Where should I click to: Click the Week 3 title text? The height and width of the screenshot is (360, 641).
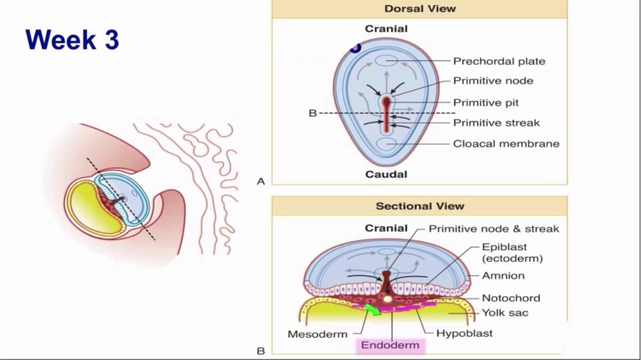(x=72, y=40)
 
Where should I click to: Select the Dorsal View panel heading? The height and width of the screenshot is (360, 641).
(x=420, y=8)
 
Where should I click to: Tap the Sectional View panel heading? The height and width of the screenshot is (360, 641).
(x=420, y=206)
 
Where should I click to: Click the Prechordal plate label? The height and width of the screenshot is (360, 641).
(x=499, y=61)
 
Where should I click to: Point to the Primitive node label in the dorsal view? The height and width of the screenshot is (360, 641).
(x=493, y=81)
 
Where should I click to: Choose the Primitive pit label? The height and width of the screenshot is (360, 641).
(x=486, y=102)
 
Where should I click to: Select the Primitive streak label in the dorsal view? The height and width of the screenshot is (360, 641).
(x=496, y=122)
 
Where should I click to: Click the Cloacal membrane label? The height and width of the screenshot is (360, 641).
(x=506, y=144)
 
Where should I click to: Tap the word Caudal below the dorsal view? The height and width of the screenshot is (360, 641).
(x=386, y=174)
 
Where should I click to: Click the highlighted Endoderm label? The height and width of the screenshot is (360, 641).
(x=390, y=345)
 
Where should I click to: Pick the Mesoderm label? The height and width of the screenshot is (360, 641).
(x=318, y=334)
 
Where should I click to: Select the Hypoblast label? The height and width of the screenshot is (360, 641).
(x=464, y=334)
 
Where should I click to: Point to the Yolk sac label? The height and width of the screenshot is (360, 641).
(x=505, y=313)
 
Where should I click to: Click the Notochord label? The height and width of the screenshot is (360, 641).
(x=511, y=298)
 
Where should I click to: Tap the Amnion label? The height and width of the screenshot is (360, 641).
(x=503, y=276)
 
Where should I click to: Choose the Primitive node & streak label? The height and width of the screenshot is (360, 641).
(x=494, y=229)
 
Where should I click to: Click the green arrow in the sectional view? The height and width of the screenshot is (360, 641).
(x=372, y=309)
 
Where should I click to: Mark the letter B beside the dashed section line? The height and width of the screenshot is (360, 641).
(x=313, y=113)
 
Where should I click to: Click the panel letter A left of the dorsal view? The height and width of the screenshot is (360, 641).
(x=261, y=181)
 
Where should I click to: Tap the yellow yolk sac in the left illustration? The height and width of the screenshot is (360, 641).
(x=88, y=208)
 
